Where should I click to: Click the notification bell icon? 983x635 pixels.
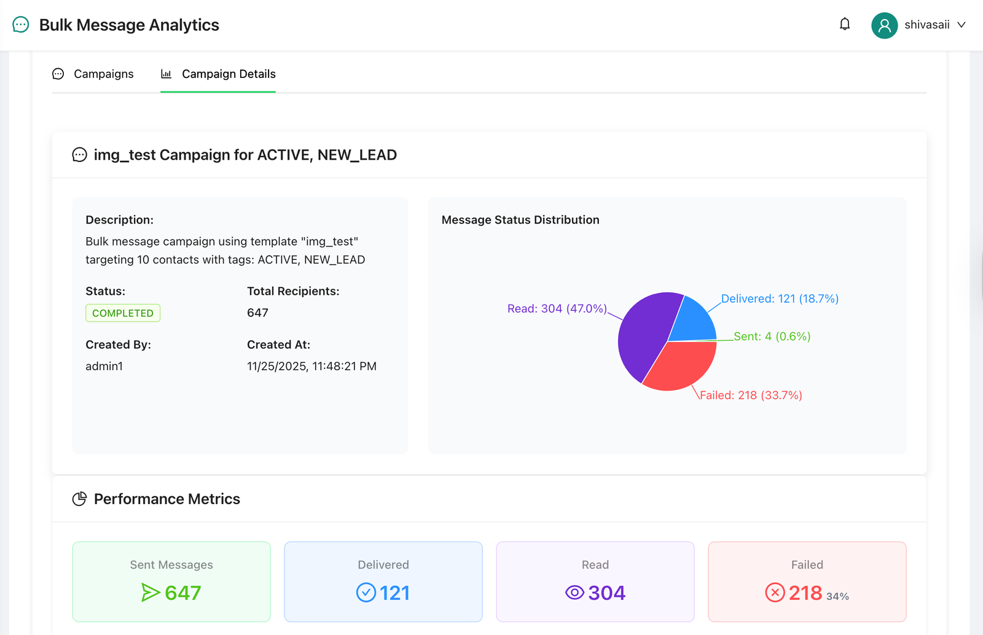(845, 24)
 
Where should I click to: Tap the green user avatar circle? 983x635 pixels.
(884, 25)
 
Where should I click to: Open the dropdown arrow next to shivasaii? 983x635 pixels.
(961, 25)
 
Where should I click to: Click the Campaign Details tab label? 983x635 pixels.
(229, 74)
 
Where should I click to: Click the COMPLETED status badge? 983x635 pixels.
(123, 313)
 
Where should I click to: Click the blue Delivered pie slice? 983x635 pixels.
(693, 321)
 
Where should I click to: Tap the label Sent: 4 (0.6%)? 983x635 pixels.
(772, 336)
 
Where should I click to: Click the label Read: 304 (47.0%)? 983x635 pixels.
(557, 308)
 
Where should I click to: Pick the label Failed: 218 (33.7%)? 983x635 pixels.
(751, 395)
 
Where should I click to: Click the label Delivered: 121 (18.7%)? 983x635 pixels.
(779, 298)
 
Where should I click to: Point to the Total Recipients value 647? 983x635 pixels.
(257, 313)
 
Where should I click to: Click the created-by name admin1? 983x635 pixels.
(104, 366)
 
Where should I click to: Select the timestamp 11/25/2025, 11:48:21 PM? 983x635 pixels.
(311, 366)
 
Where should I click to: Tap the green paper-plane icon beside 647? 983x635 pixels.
(150, 593)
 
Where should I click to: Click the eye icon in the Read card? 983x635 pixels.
(574, 593)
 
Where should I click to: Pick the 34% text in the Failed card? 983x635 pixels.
(837, 596)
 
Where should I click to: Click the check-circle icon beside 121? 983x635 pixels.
(366, 593)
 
